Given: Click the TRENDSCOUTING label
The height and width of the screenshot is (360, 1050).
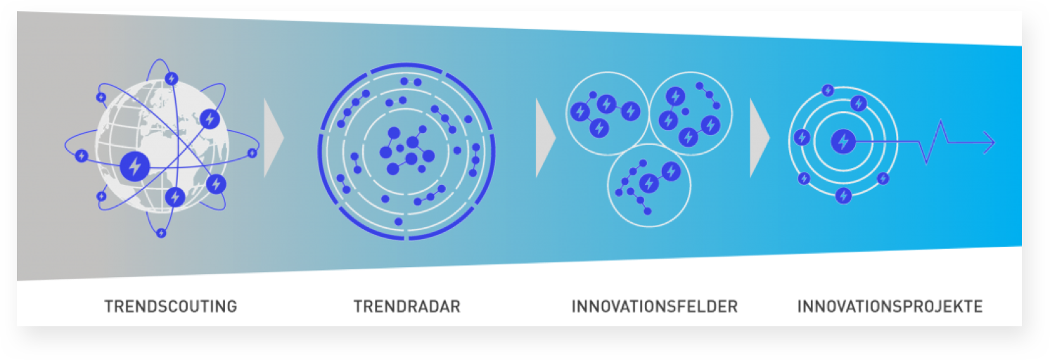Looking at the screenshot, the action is pyautogui.click(x=171, y=307).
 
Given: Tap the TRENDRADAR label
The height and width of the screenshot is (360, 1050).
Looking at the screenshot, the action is pyautogui.click(x=407, y=307).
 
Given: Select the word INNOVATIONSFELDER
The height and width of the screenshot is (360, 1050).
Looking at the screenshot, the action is pyautogui.click(x=654, y=307).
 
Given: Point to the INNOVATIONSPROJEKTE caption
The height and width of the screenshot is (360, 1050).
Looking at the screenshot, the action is pyautogui.click(x=890, y=307).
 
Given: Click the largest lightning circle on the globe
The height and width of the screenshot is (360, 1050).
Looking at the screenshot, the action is pyautogui.click(x=135, y=167).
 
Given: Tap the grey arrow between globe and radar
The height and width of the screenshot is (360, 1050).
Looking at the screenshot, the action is pyautogui.click(x=274, y=138).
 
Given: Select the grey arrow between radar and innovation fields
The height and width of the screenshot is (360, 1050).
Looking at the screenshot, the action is pyautogui.click(x=546, y=138).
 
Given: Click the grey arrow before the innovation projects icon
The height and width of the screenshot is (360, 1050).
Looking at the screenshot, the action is pyautogui.click(x=760, y=138).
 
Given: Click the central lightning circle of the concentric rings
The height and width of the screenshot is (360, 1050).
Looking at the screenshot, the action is pyautogui.click(x=843, y=141).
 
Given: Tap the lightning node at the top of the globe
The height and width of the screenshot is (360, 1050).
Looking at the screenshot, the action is pyautogui.click(x=172, y=78).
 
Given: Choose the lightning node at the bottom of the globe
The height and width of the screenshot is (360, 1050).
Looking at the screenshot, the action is pyautogui.click(x=161, y=233).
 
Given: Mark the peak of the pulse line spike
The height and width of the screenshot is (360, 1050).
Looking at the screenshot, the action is pyautogui.click(x=941, y=122).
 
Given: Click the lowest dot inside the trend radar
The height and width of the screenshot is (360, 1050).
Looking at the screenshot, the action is pyautogui.click(x=399, y=221).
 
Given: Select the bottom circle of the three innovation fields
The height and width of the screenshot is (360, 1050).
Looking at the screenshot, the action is pyautogui.click(x=648, y=186).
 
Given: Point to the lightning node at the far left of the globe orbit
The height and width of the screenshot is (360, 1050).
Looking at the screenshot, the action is pyautogui.click(x=82, y=155).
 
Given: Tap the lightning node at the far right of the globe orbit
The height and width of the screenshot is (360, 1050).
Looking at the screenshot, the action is pyautogui.click(x=252, y=153).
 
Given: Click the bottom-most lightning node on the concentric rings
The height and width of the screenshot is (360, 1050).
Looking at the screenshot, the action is pyautogui.click(x=844, y=195).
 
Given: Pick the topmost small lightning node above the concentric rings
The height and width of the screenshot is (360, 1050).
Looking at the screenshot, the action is pyautogui.click(x=828, y=90).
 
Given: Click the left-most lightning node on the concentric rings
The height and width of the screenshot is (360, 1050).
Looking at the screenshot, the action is pyautogui.click(x=802, y=137).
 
